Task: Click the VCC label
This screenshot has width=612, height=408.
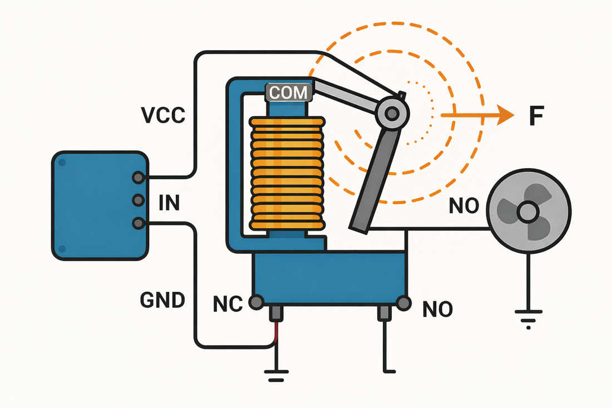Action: click(x=163, y=115)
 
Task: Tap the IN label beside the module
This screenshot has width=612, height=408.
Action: click(x=169, y=203)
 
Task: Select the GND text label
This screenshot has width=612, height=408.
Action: click(x=162, y=300)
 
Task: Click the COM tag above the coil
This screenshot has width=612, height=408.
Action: click(x=289, y=92)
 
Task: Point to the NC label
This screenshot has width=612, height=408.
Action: click(x=228, y=304)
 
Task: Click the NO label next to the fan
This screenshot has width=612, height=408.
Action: click(x=463, y=205)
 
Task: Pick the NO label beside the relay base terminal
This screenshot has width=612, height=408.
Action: click(x=437, y=309)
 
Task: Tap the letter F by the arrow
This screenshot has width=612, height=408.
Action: click(x=537, y=116)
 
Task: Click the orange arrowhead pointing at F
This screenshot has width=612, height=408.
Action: click(x=505, y=115)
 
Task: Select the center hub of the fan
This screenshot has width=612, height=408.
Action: click(x=527, y=212)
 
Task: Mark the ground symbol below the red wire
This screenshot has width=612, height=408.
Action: click(x=277, y=376)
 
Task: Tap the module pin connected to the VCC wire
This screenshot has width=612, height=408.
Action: click(x=138, y=178)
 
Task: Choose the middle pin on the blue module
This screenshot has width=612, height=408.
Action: click(x=138, y=200)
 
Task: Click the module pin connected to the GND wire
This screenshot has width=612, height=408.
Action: click(x=138, y=223)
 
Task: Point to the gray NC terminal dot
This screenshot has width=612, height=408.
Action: click(x=256, y=302)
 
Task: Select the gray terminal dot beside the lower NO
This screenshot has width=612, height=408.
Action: click(x=403, y=303)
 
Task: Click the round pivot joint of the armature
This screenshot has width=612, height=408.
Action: click(x=392, y=114)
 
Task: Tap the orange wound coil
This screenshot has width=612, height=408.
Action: click(x=287, y=173)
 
